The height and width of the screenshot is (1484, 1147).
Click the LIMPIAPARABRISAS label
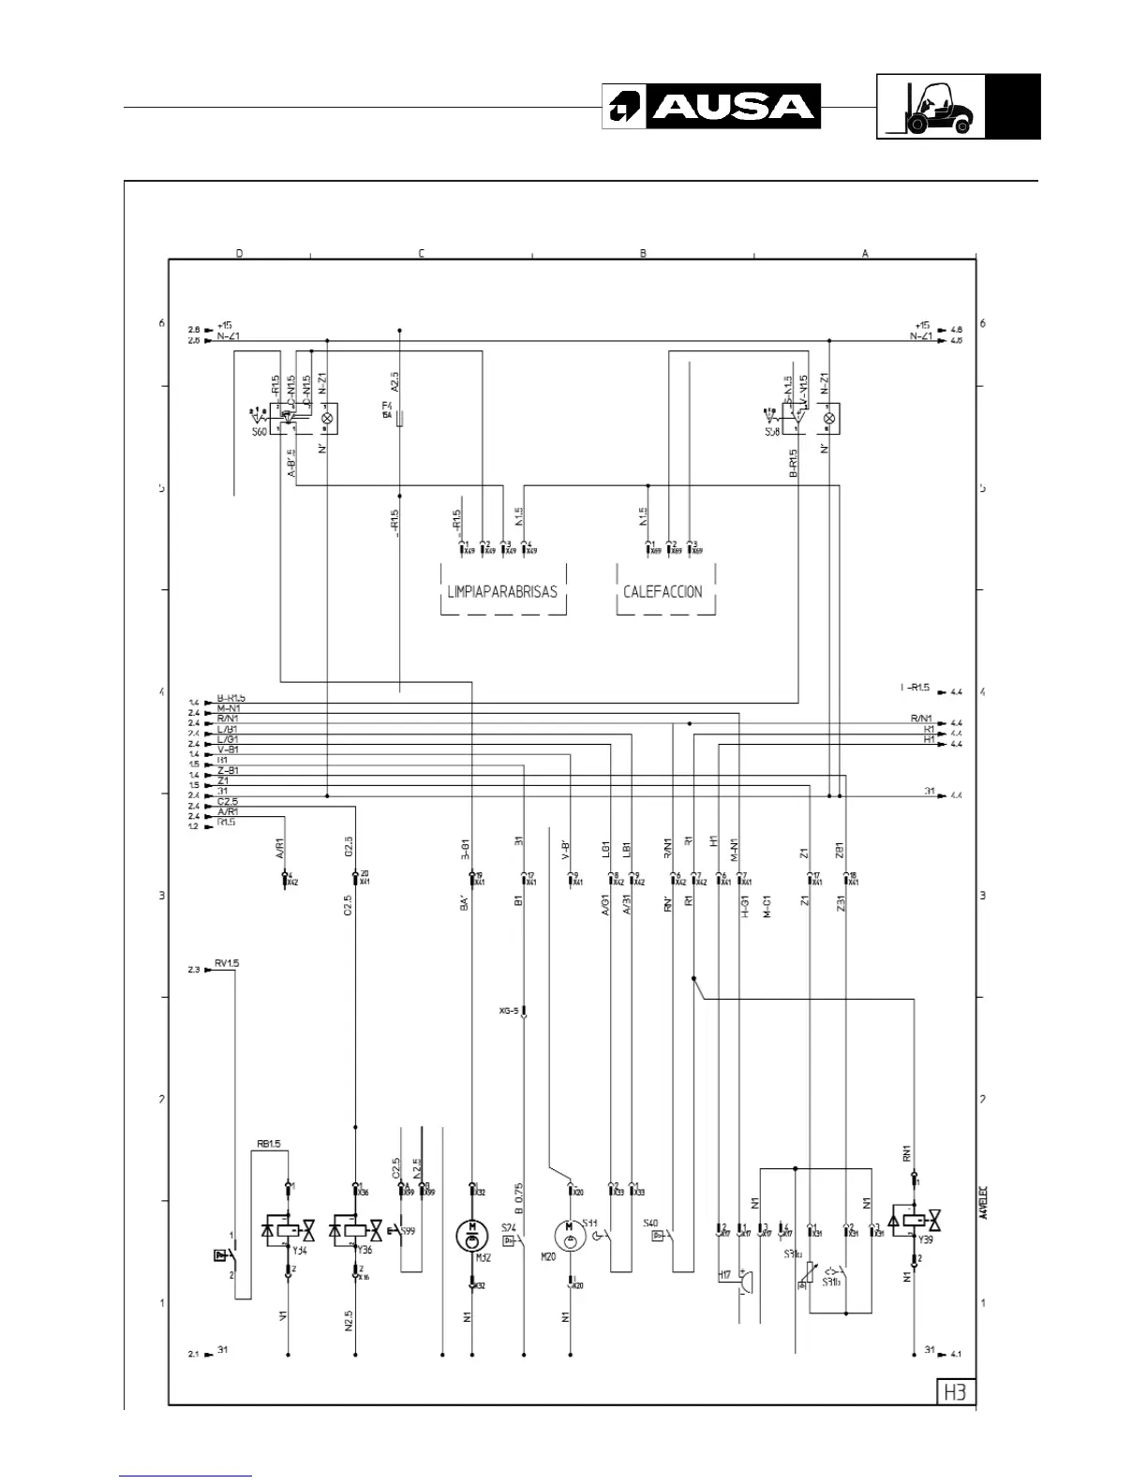coord(503,591)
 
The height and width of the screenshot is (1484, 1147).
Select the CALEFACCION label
coord(663,591)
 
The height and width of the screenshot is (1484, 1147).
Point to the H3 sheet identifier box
coord(954,1392)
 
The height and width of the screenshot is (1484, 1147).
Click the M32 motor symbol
coord(472,1234)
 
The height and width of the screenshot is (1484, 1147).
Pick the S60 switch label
coord(259,433)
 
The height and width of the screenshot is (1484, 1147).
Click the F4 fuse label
coord(386,405)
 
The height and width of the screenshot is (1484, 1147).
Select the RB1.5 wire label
coord(269,1144)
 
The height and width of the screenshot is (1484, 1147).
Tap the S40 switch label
coord(650,1223)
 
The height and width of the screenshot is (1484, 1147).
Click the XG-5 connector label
coord(509,1011)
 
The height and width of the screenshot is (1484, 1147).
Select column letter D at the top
coord(239,253)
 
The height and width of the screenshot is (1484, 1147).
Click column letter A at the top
coord(865,253)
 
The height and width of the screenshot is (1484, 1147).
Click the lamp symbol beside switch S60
coord(327,417)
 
